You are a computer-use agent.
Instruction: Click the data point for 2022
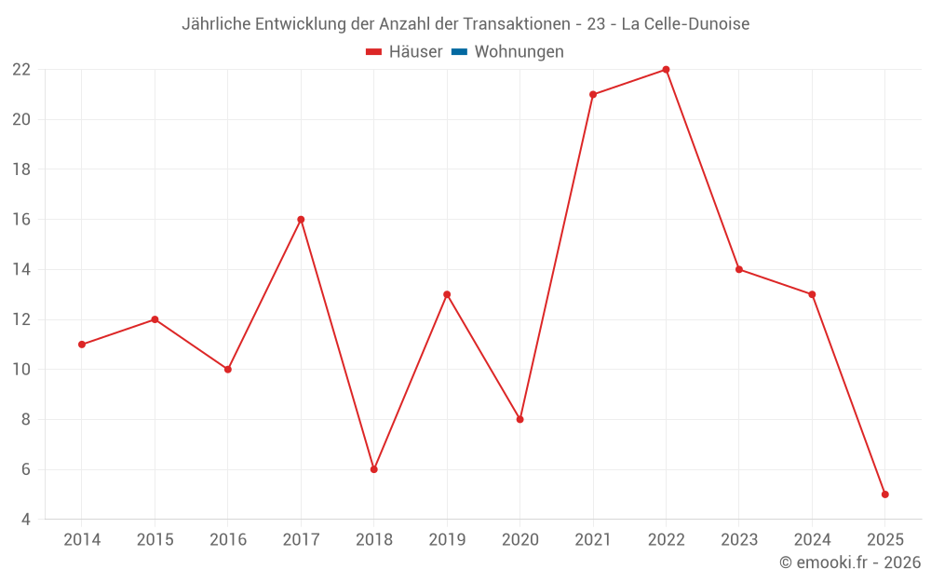click(x=666, y=70)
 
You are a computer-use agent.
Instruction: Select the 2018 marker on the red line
click(x=373, y=469)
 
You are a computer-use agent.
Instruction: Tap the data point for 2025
click(x=884, y=494)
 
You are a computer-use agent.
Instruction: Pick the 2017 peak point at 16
click(x=301, y=220)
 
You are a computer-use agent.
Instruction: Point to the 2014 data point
click(x=82, y=345)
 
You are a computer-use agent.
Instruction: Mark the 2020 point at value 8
click(x=519, y=419)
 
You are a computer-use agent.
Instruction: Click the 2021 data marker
click(x=593, y=94)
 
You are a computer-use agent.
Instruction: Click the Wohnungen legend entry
click(x=519, y=52)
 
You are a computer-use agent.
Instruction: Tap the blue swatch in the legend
click(x=459, y=52)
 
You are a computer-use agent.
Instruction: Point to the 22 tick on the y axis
click(x=21, y=70)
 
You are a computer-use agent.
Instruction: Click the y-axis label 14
click(x=21, y=269)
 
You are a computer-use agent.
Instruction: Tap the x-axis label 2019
click(x=447, y=540)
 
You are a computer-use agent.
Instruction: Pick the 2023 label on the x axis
click(x=739, y=540)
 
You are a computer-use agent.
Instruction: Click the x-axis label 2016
click(x=228, y=540)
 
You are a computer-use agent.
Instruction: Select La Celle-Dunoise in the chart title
click(x=684, y=24)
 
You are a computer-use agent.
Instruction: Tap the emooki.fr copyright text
click(x=849, y=562)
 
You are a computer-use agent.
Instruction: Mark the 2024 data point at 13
click(x=812, y=294)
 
